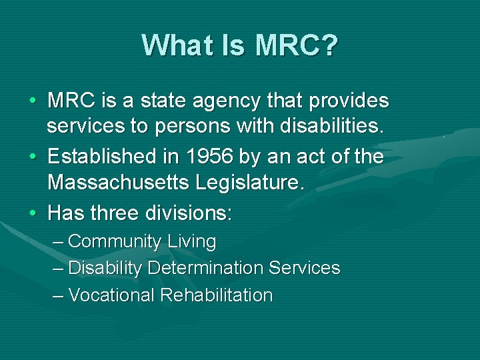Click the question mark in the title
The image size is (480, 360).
pos(330,45)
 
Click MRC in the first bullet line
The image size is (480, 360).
pos(70,101)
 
